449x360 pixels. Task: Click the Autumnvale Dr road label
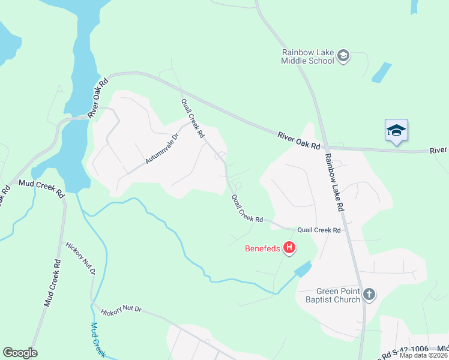click(162, 148)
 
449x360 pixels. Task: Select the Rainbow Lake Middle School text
click(308, 56)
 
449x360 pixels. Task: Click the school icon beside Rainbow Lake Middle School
click(343, 56)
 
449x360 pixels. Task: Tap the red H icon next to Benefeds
click(289, 247)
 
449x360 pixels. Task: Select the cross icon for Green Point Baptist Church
click(369, 295)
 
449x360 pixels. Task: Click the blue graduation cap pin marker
click(396, 130)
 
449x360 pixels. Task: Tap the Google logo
click(20, 353)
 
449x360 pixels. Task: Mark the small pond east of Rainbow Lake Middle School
click(381, 73)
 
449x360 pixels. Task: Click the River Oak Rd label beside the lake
click(98, 97)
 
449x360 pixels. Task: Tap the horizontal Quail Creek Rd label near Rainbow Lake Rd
click(319, 230)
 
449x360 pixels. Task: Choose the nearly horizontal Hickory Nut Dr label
click(121, 310)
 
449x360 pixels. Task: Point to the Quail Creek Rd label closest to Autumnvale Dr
click(193, 118)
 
